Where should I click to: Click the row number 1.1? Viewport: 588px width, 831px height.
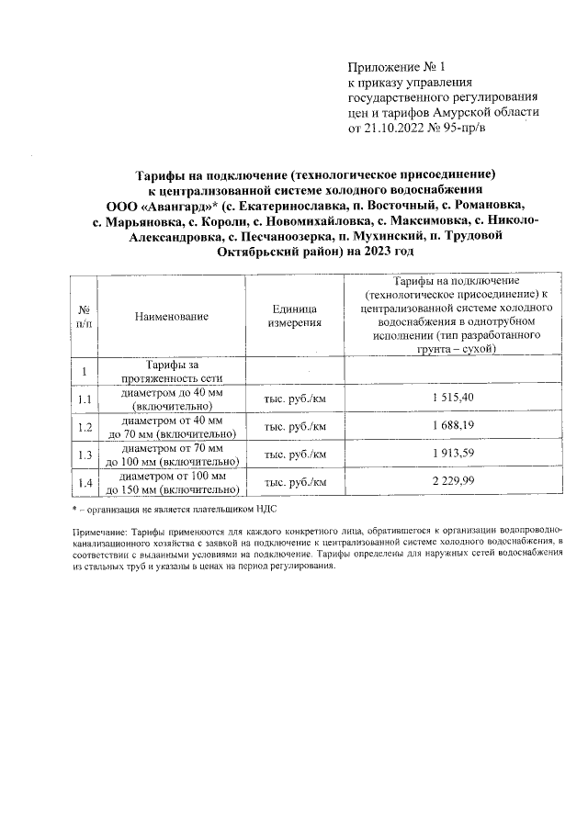click(x=84, y=399)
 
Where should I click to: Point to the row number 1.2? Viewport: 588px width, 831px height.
click(x=84, y=427)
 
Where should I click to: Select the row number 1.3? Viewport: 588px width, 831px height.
click(x=84, y=455)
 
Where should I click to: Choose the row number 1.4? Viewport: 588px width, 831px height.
click(x=84, y=483)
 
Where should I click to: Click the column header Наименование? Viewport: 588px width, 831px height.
click(x=172, y=317)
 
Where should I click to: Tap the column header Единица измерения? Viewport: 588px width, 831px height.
click(x=295, y=317)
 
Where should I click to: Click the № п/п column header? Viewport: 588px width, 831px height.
click(x=84, y=317)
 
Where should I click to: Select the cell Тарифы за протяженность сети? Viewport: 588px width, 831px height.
click(x=172, y=371)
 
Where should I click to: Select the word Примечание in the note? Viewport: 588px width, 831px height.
click(x=100, y=532)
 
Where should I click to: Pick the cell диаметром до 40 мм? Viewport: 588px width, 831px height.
click(x=172, y=398)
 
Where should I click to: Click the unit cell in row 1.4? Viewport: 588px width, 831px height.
click(x=295, y=483)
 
